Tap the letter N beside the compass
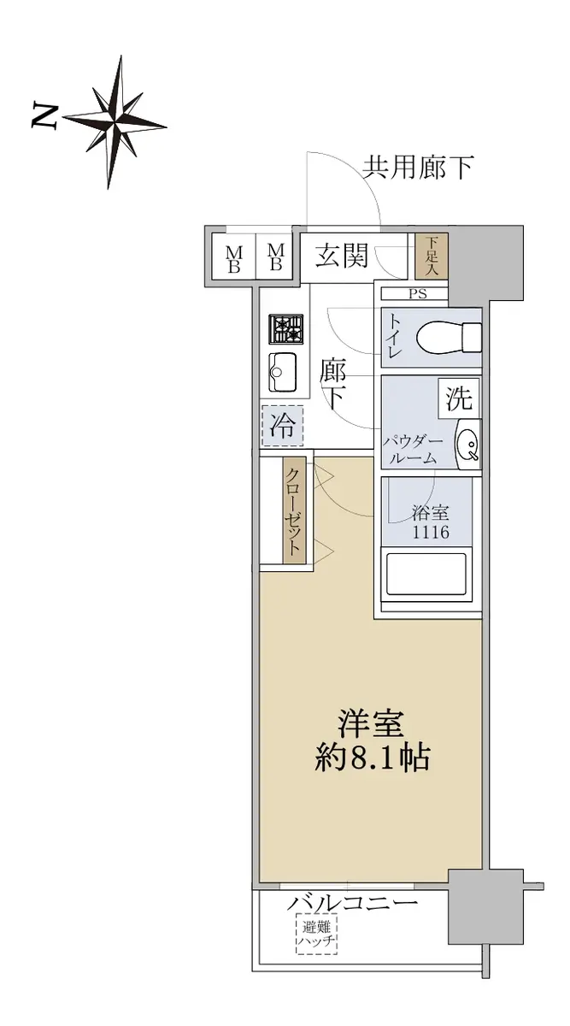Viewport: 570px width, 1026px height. (x=44, y=116)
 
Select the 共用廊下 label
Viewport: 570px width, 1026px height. (x=418, y=168)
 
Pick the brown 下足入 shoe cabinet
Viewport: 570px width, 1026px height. (x=432, y=256)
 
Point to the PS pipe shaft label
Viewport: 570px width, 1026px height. (x=418, y=293)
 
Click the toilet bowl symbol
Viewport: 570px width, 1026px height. (x=449, y=338)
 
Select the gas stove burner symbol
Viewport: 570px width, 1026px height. (x=285, y=329)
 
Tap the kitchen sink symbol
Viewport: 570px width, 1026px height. (x=284, y=373)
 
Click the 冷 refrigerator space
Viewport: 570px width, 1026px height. (x=282, y=427)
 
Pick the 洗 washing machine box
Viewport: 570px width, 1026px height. (x=459, y=398)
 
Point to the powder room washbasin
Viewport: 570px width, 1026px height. (x=468, y=444)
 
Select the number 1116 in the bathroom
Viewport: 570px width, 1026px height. (x=431, y=532)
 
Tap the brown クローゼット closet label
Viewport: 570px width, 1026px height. (x=294, y=511)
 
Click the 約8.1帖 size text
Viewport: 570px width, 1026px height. (x=372, y=758)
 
